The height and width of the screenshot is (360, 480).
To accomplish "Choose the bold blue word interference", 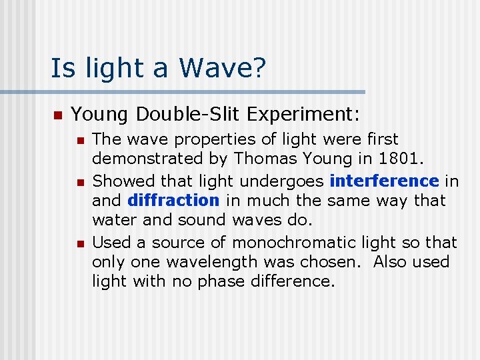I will click(x=384, y=181).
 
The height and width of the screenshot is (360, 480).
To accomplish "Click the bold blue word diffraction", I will click(x=173, y=200).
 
